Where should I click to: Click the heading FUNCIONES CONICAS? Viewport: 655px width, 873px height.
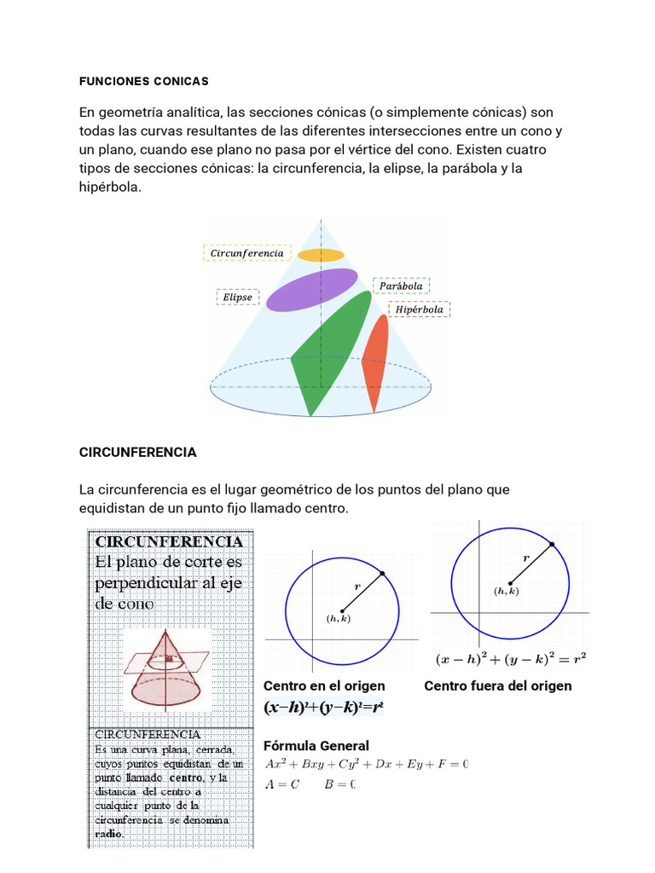pyautogui.click(x=143, y=82)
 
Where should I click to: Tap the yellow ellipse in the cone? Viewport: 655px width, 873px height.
pyautogui.click(x=321, y=255)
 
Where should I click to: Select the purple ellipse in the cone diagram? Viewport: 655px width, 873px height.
pyautogui.click(x=312, y=289)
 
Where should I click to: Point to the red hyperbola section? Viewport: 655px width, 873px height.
pyautogui.click(x=374, y=359)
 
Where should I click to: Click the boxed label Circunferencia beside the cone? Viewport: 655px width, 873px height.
pyautogui.click(x=247, y=253)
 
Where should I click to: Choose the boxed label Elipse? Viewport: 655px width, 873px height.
pyautogui.click(x=238, y=298)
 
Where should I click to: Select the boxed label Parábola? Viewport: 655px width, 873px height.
pyautogui.click(x=401, y=286)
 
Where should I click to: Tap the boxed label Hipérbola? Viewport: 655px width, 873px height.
pyautogui.click(x=419, y=309)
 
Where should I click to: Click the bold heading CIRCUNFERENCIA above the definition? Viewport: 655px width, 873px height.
pyautogui.click(x=137, y=453)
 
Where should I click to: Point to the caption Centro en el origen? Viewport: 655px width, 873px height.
pyautogui.click(x=324, y=686)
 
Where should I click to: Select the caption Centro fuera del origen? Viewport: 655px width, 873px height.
pyautogui.click(x=498, y=686)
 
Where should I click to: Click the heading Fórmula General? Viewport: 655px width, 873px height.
pyautogui.click(x=316, y=746)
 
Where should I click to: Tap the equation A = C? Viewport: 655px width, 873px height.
pyautogui.click(x=282, y=785)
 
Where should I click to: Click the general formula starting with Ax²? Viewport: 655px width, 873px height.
pyautogui.click(x=367, y=764)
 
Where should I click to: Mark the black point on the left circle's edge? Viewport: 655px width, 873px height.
pyautogui.click(x=381, y=574)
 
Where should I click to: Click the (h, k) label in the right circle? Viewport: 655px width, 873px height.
pyautogui.click(x=506, y=591)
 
